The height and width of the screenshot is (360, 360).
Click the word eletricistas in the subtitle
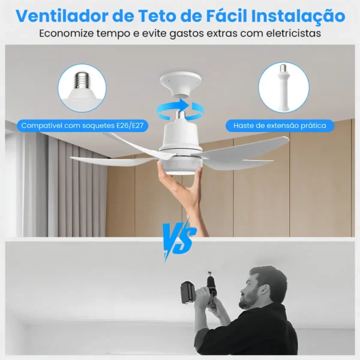286,34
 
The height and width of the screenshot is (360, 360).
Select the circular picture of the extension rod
283,88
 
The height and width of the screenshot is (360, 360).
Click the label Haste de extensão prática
280,126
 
